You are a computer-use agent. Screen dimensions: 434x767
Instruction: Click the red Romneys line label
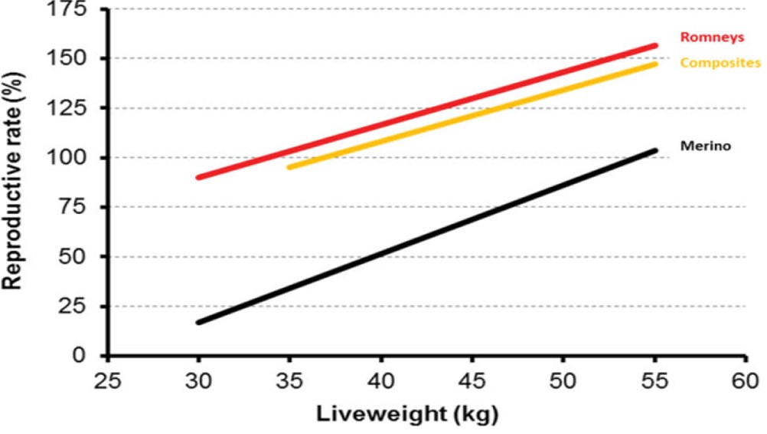point(702,36)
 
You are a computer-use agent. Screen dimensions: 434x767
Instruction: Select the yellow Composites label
point(720,62)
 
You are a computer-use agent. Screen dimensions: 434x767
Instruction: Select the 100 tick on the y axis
point(77,158)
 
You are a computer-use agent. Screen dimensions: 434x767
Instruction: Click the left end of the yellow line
point(289,166)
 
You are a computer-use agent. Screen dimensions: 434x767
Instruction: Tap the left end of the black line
point(199,322)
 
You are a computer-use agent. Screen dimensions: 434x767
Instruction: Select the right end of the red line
point(654,45)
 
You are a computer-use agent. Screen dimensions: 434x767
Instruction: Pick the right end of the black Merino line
point(654,150)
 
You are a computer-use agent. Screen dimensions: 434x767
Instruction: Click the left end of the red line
point(199,177)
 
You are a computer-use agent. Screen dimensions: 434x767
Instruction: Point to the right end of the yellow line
point(654,64)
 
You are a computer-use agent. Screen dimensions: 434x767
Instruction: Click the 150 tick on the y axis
point(77,59)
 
